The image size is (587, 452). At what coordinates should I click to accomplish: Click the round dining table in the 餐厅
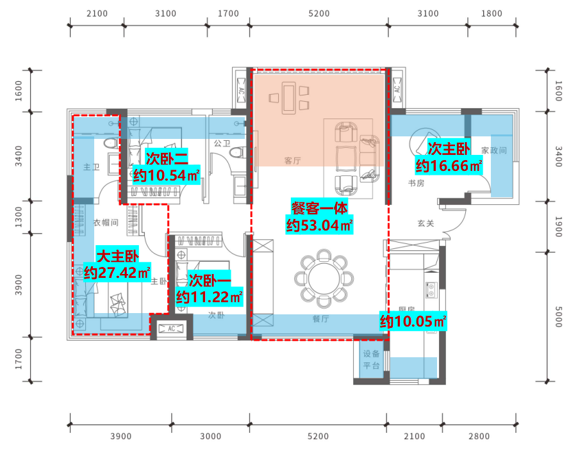pos(324,279)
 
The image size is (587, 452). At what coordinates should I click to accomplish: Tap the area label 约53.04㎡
pos(319,225)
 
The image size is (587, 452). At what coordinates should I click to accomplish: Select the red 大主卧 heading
pos(117,255)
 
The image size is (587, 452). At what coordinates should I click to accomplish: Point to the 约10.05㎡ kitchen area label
pos(413,321)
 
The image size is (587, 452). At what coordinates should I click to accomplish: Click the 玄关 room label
pos(426,223)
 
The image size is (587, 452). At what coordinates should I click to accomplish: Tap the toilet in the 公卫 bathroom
pos(237,152)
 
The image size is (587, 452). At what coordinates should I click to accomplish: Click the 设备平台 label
pos(372,360)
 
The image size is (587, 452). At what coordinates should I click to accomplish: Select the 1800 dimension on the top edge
pos(492,13)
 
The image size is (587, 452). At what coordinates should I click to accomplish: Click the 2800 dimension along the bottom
pos(479,436)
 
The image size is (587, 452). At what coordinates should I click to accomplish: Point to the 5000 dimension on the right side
pos(558,317)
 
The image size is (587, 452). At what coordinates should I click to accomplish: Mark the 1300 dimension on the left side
pos(19,217)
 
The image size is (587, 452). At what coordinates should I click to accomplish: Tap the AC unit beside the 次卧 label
pos(172,328)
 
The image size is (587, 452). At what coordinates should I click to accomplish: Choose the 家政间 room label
pos(494,150)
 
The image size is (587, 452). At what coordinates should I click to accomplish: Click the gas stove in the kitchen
pos(431,290)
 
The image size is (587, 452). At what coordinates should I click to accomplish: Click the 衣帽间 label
pos(106,222)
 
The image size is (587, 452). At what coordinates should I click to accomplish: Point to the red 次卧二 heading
pos(167,159)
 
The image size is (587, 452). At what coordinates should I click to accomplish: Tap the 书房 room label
pos(416,183)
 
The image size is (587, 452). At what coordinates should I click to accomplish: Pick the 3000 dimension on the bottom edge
pos(210,436)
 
